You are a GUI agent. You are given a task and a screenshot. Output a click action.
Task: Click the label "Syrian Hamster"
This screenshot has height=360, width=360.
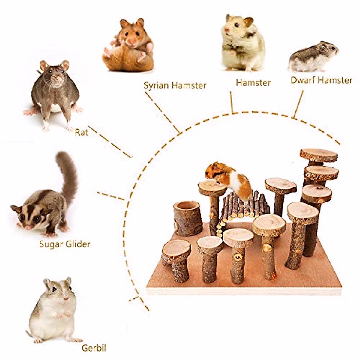click(175, 85)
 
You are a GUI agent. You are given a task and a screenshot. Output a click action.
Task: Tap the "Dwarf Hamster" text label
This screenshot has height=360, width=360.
click(321, 80)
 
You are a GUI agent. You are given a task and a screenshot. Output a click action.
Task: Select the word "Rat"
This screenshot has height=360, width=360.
click(81, 132)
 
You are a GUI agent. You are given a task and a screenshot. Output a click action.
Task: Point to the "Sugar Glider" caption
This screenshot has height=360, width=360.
click(64, 244)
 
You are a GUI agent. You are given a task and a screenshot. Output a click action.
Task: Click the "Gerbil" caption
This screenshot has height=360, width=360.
click(94, 348)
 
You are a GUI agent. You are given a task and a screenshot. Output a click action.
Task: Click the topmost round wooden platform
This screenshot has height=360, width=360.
click(318, 155)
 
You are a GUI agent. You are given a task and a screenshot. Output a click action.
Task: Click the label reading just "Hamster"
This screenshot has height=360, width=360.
click(253, 82)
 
